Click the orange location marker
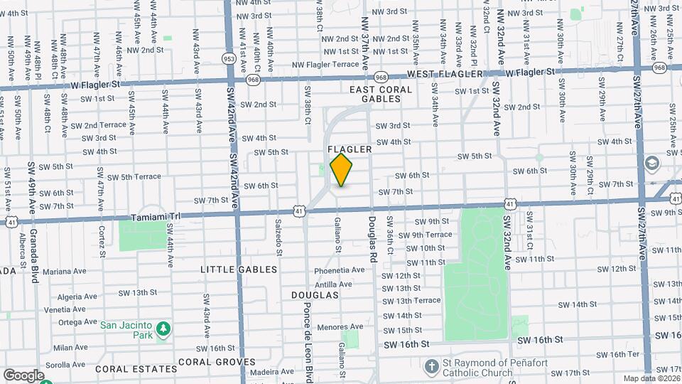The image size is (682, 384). (x=342, y=170)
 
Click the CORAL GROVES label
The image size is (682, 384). (x=216, y=361)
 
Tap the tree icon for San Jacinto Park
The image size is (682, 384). (x=164, y=328)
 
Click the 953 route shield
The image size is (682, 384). (x=229, y=58)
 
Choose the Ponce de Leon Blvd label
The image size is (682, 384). (x=308, y=334)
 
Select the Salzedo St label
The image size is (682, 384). (x=278, y=238)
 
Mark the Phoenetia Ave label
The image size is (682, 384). (x=339, y=271)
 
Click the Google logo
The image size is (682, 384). (x=23, y=375)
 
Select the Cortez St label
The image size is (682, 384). (x=102, y=239)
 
